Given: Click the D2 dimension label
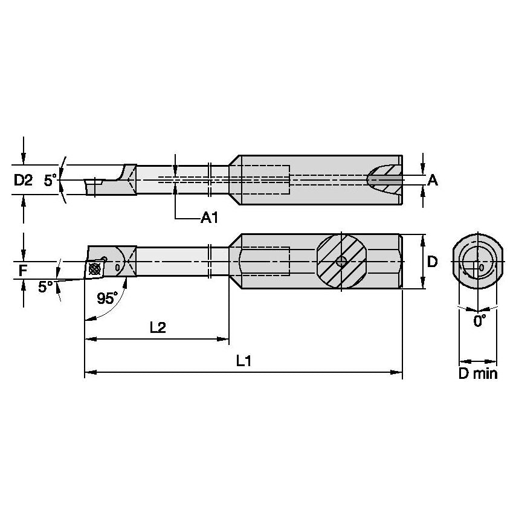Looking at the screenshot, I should (x=23, y=180).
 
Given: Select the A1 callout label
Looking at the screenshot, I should (x=209, y=218).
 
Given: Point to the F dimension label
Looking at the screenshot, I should (x=22, y=270).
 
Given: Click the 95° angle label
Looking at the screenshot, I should (x=108, y=298).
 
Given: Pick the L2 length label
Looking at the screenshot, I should (x=158, y=327).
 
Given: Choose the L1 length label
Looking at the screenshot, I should (x=243, y=361).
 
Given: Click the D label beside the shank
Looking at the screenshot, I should (x=432, y=262).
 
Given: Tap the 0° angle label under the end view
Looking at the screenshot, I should (x=479, y=321).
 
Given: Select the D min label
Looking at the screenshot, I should (x=477, y=373).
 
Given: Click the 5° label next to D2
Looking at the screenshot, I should (x=51, y=180).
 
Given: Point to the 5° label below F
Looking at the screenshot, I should (x=45, y=287).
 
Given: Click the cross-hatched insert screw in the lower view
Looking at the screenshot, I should (x=94, y=268).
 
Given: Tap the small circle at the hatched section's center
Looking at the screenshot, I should (x=341, y=262).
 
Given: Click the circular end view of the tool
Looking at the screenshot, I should (x=479, y=262).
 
